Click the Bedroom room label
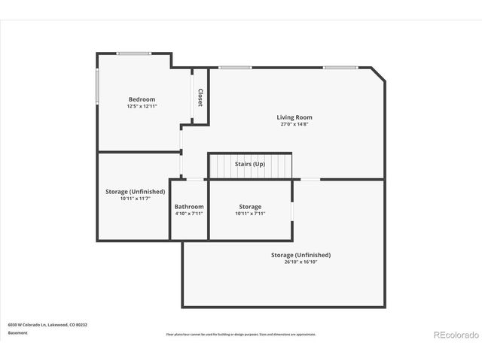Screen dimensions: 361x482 click(x=142, y=99)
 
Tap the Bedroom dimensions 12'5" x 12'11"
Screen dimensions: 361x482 click(x=142, y=106)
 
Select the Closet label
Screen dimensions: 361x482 click(x=200, y=97)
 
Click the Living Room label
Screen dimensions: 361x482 click(x=294, y=117)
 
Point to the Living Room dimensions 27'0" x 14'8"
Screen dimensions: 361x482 click(x=294, y=124)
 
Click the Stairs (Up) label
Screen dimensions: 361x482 click(x=250, y=164)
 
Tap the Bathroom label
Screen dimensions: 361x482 click(x=189, y=207)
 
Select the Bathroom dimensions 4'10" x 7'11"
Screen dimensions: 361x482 click(x=189, y=214)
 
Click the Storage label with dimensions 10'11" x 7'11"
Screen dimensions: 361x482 click(x=250, y=207)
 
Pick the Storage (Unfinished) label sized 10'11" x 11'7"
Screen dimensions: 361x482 click(x=135, y=192)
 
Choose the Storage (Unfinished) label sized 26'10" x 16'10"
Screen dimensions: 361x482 click(x=300, y=255)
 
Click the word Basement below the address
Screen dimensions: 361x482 click(x=18, y=332)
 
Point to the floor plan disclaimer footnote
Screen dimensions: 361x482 click(x=241, y=334)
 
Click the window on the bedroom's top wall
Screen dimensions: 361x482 click(x=133, y=53)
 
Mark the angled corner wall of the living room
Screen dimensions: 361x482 click(x=377, y=74)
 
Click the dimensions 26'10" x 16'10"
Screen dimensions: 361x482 click(x=300, y=262)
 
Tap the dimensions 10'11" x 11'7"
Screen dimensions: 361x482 click(x=135, y=199)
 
